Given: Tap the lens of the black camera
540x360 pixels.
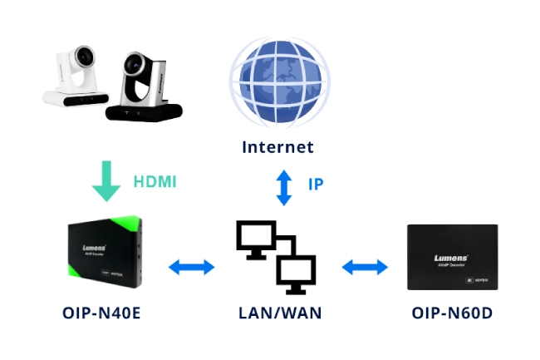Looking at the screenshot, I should (x=135, y=66).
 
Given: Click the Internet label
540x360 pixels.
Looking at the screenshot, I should (x=278, y=147).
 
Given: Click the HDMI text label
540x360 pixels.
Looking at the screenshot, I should (x=155, y=181).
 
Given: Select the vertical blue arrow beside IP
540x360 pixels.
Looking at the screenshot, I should (x=284, y=188).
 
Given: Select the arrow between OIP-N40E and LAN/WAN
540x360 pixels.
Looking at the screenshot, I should (x=191, y=267).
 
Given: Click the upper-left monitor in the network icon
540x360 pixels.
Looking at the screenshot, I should (x=256, y=238).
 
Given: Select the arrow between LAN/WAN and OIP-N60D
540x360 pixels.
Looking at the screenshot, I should (x=365, y=267).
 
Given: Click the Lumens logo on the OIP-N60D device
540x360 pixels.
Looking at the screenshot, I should (x=451, y=258).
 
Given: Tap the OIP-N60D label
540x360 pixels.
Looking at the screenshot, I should (x=453, y=313).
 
